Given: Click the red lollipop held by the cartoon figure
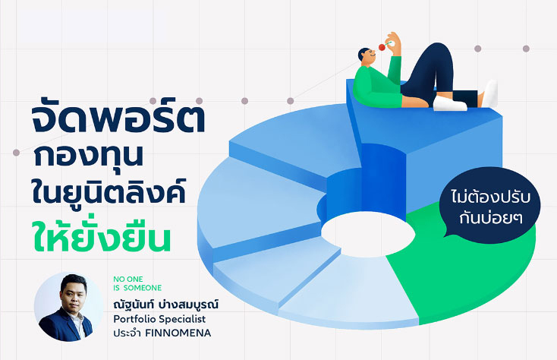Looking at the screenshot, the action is point(382,47).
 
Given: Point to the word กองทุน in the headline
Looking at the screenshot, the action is point(89,156).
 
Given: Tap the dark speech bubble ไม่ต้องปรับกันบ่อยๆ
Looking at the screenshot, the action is point(490,205).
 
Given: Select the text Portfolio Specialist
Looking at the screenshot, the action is point(159,319).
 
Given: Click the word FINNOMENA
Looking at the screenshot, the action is point(178,333).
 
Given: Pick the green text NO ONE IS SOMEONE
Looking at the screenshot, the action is point(137,283).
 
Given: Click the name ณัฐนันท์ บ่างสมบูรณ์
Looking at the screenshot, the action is point(166,305).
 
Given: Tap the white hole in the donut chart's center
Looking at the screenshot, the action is point(368,233).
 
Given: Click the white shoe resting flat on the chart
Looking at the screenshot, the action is point(449,104).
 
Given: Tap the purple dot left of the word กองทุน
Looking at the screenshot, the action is point(16,153).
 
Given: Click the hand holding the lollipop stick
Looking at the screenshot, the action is point(395,43).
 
